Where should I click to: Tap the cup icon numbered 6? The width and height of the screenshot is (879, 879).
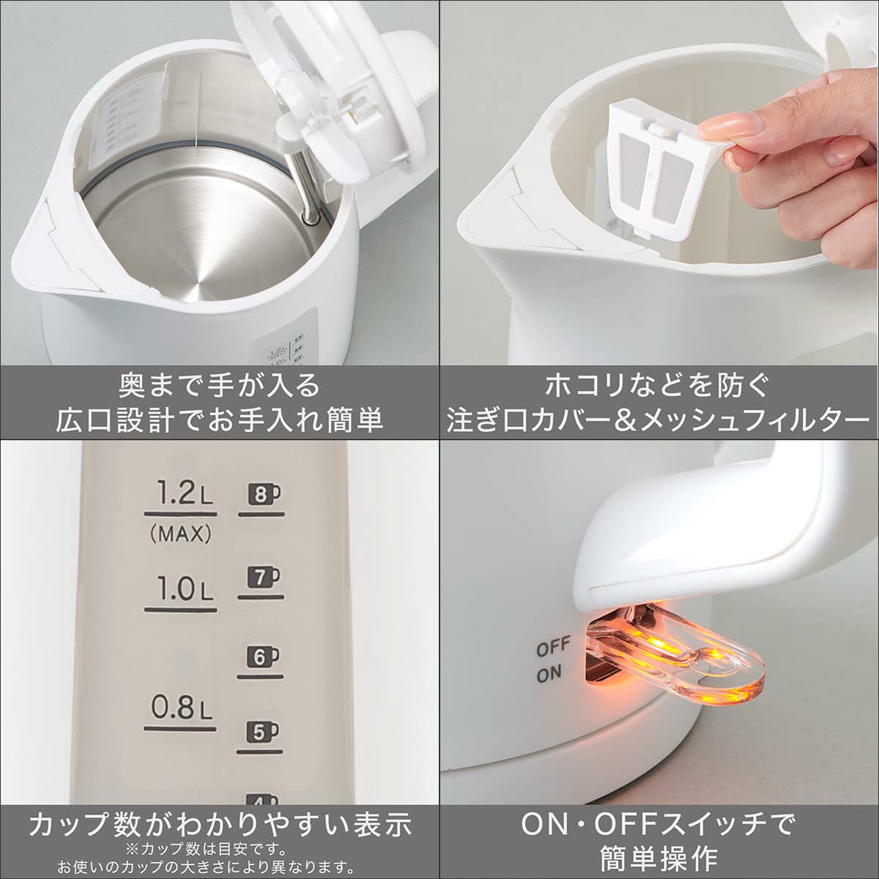pos(261,657)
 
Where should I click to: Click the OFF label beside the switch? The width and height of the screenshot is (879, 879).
pos(554,649)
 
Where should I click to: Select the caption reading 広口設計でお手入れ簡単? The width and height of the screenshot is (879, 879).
pos(220,419)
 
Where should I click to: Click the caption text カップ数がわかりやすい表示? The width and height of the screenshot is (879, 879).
pos(220,825)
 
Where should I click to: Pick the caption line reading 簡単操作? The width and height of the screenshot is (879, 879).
pos(659,857)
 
